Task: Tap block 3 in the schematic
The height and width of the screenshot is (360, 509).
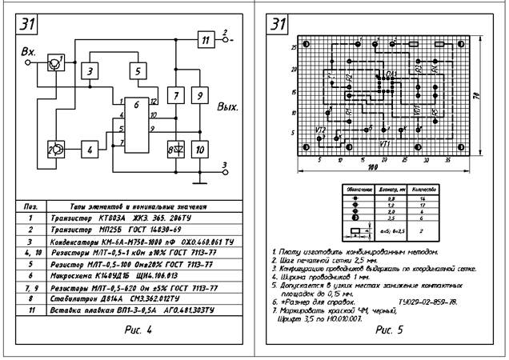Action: (x=91, y=72)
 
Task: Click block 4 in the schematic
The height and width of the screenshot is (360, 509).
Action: (x=90, y=149)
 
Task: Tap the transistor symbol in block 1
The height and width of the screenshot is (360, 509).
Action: (x=53, y=61)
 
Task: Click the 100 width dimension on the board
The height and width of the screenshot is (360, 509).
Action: (x=371, y=169)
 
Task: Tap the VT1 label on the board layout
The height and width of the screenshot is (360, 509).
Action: (x=385, y=143)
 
